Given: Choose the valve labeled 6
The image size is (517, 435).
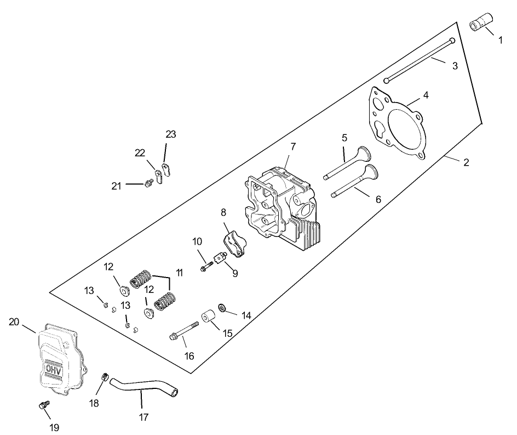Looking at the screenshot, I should [x=353, y=183].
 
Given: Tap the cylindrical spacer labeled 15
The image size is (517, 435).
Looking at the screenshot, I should [x=208, y=318].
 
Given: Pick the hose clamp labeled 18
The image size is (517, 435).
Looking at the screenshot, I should [x=104, y=377].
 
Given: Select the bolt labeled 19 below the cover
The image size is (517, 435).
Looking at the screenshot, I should [x=42, y=406].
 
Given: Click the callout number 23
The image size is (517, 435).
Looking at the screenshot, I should [x=171, y=134].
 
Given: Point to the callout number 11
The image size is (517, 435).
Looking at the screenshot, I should [x=179, y=272].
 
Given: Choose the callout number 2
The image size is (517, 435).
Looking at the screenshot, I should [x=466, y=162].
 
